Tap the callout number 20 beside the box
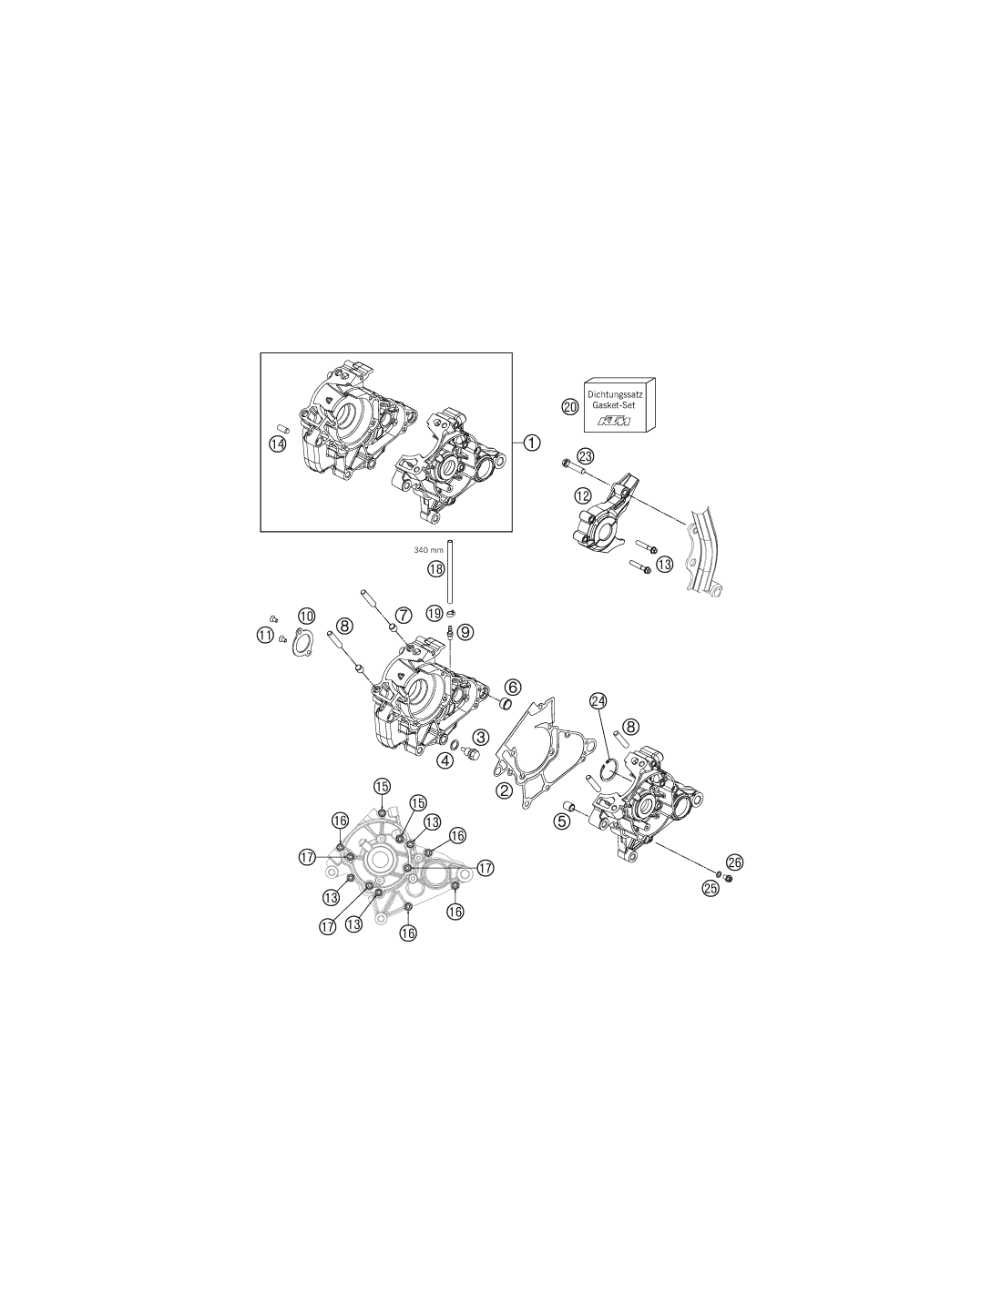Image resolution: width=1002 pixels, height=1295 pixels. [570, 407]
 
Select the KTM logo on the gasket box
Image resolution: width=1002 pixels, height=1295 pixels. [614, 422]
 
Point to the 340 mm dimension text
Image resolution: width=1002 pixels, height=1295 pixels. [428, 550]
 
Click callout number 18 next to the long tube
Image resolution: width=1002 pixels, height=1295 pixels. [435, 568]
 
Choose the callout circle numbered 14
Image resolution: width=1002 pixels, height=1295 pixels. [277, 444]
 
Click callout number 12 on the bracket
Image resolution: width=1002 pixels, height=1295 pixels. [582, 495]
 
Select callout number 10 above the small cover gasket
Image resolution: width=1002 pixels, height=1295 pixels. [306, 616]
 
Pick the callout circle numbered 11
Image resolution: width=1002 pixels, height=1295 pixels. [265, 636]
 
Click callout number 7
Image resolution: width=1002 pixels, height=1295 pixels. [404, 614]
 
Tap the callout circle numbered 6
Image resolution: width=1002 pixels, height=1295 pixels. [512, 687]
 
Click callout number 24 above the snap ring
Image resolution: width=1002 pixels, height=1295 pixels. [598, 702]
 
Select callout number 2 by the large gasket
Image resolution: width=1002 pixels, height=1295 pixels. [505, 790]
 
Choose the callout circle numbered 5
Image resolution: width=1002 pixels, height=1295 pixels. [561, 821]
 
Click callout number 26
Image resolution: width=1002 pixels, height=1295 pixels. [734, 862]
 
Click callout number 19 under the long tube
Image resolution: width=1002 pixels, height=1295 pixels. [434, 613]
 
